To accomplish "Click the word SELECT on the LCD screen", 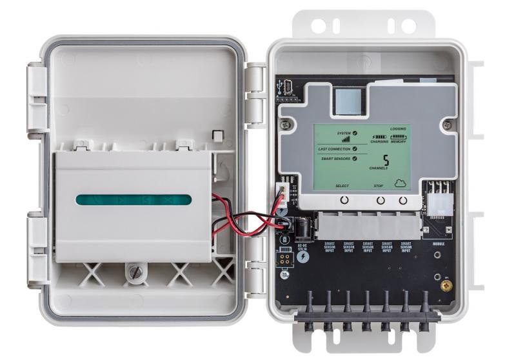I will pos(342,186).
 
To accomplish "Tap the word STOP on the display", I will pos(379,186).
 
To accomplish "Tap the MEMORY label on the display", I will pos(401,142).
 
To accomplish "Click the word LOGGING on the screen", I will pos(399,129).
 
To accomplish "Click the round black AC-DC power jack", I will pos(302,226).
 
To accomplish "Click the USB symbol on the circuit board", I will pos(281,86).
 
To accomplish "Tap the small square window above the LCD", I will pos(350,102).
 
